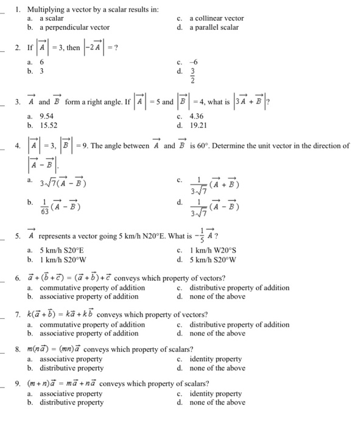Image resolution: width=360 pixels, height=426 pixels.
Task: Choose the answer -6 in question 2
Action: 195,62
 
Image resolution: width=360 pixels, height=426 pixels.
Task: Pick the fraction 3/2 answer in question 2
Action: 195,75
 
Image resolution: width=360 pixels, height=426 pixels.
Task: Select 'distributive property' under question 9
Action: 71,403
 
